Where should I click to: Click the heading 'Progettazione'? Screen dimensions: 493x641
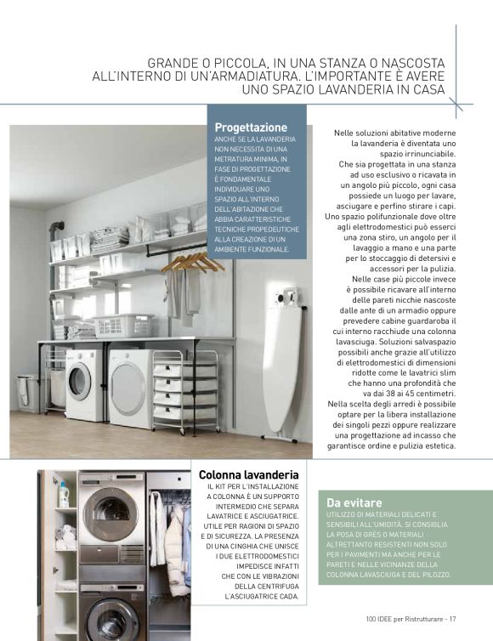(251, 127)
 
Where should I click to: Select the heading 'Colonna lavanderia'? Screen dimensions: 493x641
(248, 474)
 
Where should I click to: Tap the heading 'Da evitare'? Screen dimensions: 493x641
(355, 502)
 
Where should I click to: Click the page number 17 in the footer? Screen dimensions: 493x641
(454, 618)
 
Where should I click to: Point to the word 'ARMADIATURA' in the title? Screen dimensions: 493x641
(266, 76)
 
